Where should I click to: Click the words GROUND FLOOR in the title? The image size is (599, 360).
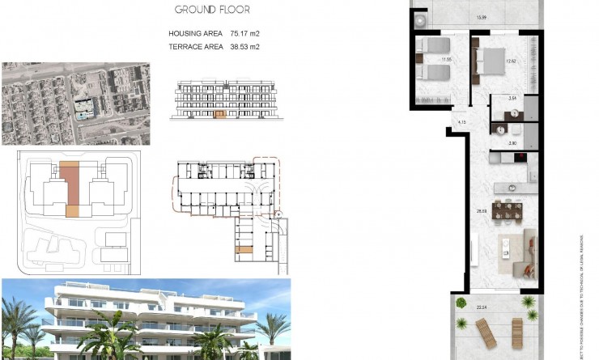[x=213, y=11]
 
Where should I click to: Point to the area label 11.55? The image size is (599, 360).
[x=446, y=59]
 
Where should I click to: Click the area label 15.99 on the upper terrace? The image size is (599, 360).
[x=482, y=18]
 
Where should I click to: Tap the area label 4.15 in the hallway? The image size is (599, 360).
[x=461, y=123]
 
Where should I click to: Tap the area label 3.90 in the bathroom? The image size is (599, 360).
[x=512, y=143]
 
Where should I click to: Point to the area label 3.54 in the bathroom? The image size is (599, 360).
[x=512, y=99]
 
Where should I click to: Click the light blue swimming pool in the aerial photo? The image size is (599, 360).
[x=84, y=114]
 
